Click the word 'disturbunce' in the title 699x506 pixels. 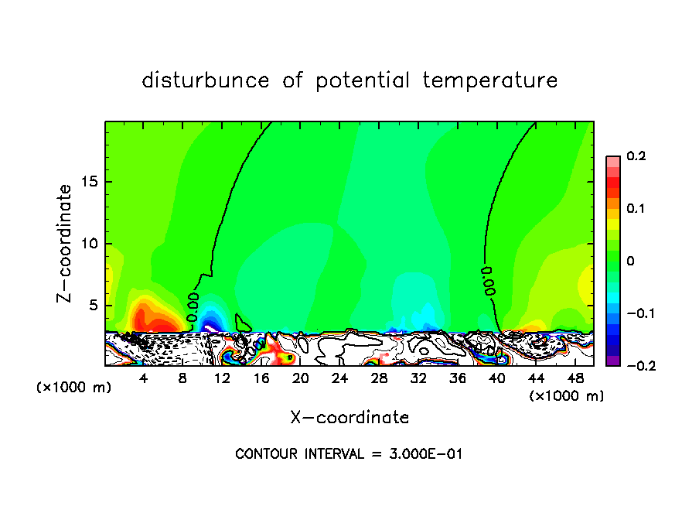[x=206, y=80]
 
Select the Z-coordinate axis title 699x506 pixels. [x=66, y=243]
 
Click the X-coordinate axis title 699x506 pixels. [x=349, y=418]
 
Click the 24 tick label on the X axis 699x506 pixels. [x=339, y=378]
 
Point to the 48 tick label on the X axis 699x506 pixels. [x=575, y=378]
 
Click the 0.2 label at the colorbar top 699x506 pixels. [x=636, y=156]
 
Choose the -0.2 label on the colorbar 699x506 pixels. [x=638, y=366]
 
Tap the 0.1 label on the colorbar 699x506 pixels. [x=636, y=209]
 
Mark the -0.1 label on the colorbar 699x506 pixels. [x=638, y=313]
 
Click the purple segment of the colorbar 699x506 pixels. [x=612, y=361]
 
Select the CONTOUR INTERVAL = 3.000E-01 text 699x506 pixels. [x=349, y=454]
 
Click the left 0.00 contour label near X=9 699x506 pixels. [x=194, y=302]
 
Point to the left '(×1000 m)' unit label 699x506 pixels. [x=74, y=388]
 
